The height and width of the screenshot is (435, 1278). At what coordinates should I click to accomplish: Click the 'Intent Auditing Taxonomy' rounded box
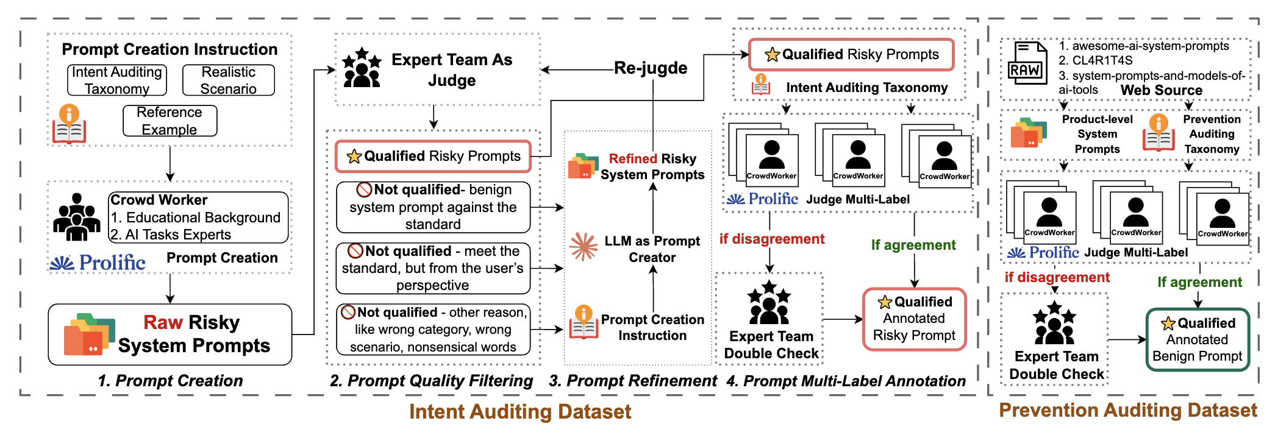coord(117,80)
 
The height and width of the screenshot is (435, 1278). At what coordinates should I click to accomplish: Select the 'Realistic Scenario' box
coord(229,80)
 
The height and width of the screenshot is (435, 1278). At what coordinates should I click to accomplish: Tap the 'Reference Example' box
coord(170,121)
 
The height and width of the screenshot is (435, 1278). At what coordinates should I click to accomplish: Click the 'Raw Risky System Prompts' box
coord(170,334)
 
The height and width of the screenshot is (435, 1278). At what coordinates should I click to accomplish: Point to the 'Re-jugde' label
coord(651,68)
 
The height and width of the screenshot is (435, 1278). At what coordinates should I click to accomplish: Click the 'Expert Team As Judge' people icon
coord(362,68)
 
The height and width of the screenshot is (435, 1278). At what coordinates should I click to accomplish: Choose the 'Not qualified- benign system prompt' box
coord(433,207)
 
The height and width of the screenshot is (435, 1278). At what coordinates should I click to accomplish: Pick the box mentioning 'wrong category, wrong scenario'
coord(433,330)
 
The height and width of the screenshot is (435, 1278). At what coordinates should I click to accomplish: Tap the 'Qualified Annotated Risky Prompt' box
coord(914,319)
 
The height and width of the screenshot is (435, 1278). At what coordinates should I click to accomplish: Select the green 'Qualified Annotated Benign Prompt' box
coord(1198,339)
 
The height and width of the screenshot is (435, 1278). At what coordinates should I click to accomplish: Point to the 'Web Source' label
coord(1161,90)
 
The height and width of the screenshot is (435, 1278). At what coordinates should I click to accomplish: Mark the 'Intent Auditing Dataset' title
coord(520,412)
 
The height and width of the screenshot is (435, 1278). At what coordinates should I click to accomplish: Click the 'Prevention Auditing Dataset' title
coord(1127,410)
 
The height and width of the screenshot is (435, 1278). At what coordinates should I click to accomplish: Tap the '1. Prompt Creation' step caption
coord(170,381)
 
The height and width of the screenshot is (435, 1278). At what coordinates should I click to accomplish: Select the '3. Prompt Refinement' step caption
coord(632,381)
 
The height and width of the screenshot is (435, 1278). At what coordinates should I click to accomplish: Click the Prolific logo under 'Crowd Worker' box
coord(98,263)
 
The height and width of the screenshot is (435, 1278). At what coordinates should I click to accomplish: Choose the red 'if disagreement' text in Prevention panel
coord(1057,277)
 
